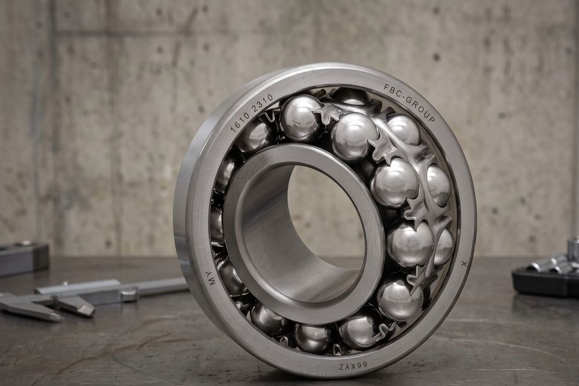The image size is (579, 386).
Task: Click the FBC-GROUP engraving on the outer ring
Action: pos(409,102)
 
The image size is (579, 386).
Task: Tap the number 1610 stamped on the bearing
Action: pos(239,121)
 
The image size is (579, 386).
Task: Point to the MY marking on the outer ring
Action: pos(211,278)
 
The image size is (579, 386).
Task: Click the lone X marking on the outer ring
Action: pos(464,264)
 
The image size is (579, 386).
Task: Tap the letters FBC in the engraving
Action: pos(391,89)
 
